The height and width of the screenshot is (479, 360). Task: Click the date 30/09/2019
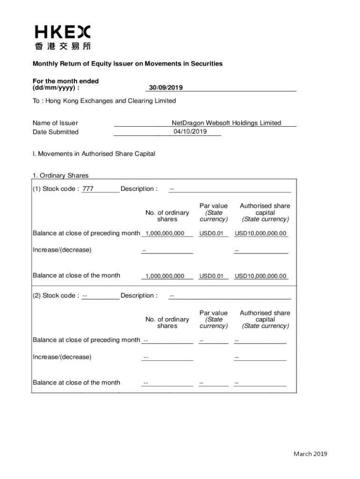click(x=166, y=87)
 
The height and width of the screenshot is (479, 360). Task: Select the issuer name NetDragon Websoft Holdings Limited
click(x=226, y=123)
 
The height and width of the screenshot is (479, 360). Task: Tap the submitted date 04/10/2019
click(x=190, y=131)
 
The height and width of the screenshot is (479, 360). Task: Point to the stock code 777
click(x=88, y=189)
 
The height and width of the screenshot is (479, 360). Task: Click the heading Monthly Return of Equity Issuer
click(x=127, y=64)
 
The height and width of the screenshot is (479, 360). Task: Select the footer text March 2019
click(x=310, y=454)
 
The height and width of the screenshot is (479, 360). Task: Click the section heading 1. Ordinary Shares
click(x=60, y=175)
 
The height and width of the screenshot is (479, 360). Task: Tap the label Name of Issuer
click(x=55, y=123)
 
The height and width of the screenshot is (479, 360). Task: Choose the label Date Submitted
click(x=56, y=132)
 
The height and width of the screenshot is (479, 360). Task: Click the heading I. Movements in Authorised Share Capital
click(x=94, y=153)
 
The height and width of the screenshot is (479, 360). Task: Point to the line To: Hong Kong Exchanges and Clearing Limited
click(x=104, y=101)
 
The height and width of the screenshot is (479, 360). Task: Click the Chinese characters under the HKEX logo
click(x=63, y=46)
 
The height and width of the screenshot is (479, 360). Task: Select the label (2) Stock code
click(x=56, y=296)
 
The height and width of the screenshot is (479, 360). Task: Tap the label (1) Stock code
click(x=56, y=189)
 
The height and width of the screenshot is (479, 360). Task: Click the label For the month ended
click(x=66, y=81)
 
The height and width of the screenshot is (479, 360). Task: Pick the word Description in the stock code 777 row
click(x=139, y=189)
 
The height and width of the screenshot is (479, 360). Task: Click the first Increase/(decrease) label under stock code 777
click(x=62, y=250)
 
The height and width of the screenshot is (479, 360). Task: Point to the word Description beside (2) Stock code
click(x=139, y=296)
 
